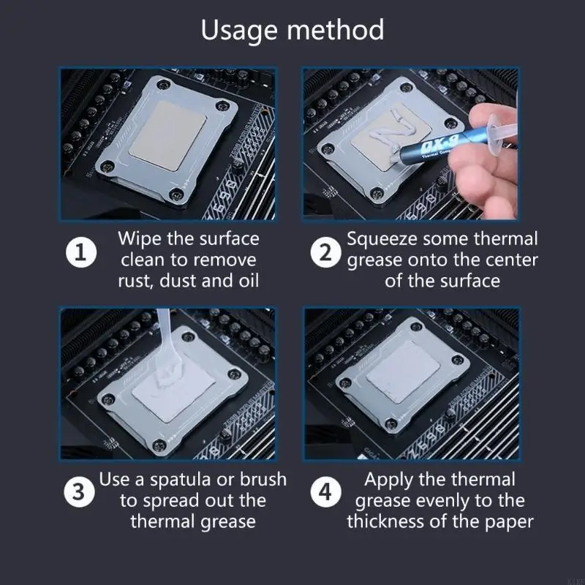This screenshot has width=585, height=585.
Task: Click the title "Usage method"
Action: [x=292, y=31]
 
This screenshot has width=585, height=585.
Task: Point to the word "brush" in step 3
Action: [x=260, y=480]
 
